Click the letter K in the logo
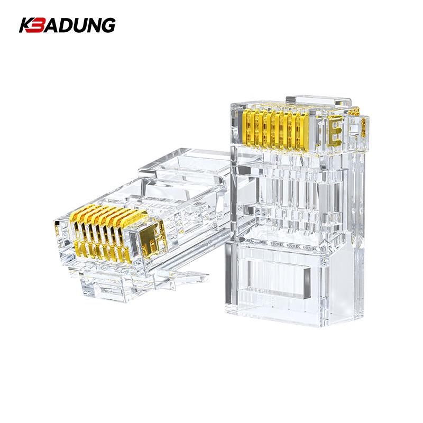tap(26, 25)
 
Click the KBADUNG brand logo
tap(67, 25)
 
